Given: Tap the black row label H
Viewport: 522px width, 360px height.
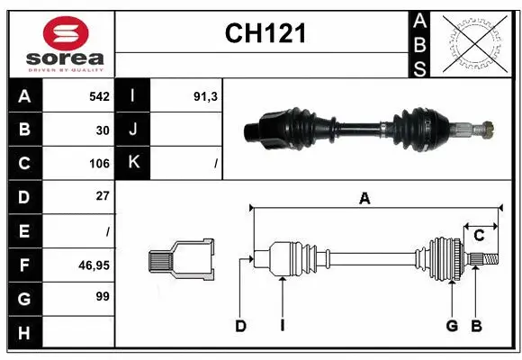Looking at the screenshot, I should click(24, 333).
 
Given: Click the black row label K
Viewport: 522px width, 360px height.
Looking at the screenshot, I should click(134, 163).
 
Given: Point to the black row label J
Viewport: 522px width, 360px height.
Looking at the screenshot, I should click(134, 130).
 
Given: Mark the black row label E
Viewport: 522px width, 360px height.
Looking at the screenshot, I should click(24, 231).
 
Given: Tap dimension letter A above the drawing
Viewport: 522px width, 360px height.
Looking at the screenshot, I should click(364, 199).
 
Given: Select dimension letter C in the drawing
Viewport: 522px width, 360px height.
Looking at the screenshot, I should click(479, 235).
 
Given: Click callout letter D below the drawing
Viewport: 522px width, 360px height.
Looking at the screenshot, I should click(240, 326).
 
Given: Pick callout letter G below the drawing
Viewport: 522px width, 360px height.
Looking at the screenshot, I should click(452, 326).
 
